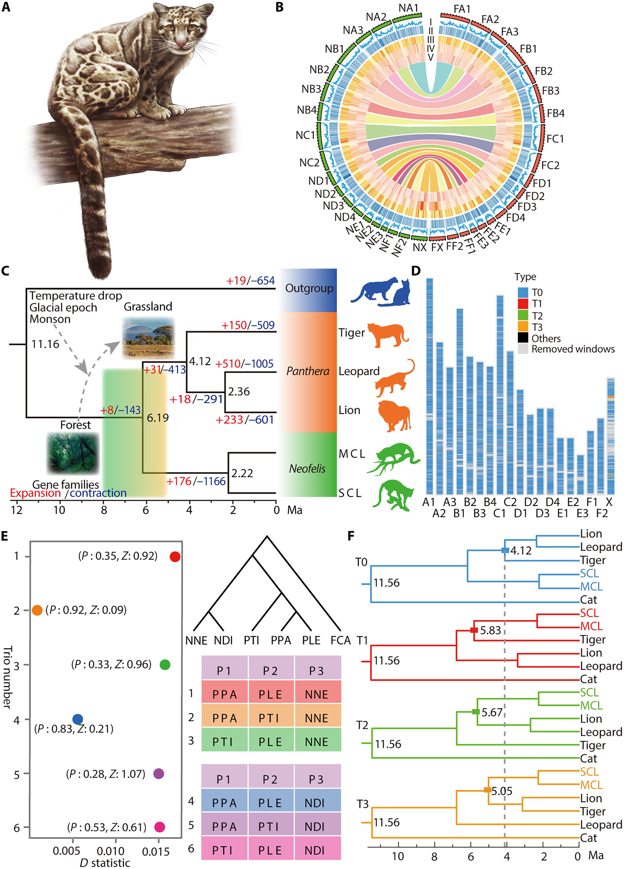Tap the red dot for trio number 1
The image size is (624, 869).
tap(175, 557)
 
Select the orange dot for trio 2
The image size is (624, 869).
tap(37, 610)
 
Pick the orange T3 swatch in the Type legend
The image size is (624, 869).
tap(523, 327)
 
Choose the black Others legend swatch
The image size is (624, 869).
tap(523, 338)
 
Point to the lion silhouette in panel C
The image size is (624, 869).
tap(394, 416)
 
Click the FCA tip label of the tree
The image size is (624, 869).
tap(340, 640)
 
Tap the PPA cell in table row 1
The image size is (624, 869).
tap(225, 694)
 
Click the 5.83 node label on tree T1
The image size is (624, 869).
tap(490, 630)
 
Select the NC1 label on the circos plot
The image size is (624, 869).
tap(305, 135)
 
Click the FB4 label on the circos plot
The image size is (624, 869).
tap(556, 113)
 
